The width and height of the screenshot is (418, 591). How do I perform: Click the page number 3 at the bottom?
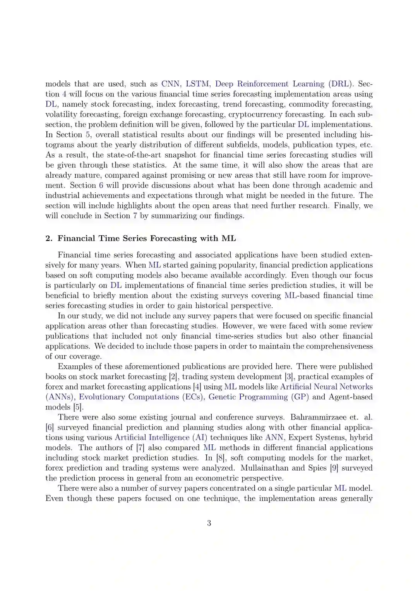pos(209,523)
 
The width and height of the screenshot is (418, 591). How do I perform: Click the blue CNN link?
pos(170,84)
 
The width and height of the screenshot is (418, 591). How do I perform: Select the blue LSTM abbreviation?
pos(197,84)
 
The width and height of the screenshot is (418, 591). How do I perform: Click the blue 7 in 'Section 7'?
pos(135,216)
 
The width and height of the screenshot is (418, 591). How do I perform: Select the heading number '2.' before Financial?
pos(49,238)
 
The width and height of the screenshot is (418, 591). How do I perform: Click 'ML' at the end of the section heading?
pos(228,238)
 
